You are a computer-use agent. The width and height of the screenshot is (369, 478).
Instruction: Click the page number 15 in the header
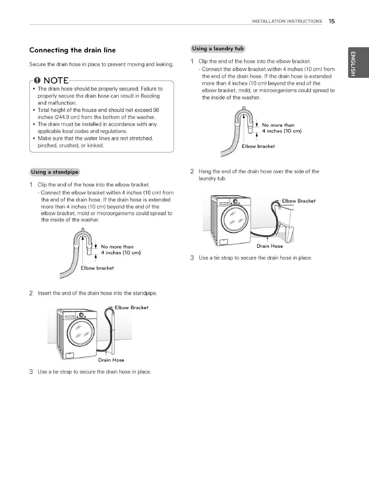pos(331,21)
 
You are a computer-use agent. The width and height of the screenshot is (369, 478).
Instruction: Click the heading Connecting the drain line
pos(72,50)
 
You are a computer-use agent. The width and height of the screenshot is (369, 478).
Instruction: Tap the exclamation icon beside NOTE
pos(37,80)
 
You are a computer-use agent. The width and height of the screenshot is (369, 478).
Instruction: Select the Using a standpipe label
pos(55,172)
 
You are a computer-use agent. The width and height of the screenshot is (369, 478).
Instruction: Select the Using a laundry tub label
pos(218,49)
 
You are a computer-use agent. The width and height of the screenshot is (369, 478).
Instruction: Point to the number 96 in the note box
pos(156,110)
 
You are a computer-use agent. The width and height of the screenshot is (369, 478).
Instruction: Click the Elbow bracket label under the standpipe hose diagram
pos(97,268)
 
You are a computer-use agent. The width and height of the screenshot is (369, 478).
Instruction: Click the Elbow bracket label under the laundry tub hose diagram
pos(258,146)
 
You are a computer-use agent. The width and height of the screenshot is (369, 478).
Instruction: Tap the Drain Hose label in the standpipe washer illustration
pos(111,360)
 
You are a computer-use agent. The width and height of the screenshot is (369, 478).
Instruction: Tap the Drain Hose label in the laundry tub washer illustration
pos(270,246)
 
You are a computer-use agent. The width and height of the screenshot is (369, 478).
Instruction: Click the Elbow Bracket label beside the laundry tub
pos(298,201)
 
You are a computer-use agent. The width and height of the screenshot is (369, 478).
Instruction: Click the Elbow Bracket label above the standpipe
pos(132,308)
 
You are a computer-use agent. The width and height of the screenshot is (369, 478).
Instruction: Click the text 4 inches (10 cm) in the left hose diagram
pos(120,253)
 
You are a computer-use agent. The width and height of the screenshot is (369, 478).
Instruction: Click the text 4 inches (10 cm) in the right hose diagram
pos(282,131)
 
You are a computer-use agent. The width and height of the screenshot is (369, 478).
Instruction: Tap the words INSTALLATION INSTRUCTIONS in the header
pos(287,21)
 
